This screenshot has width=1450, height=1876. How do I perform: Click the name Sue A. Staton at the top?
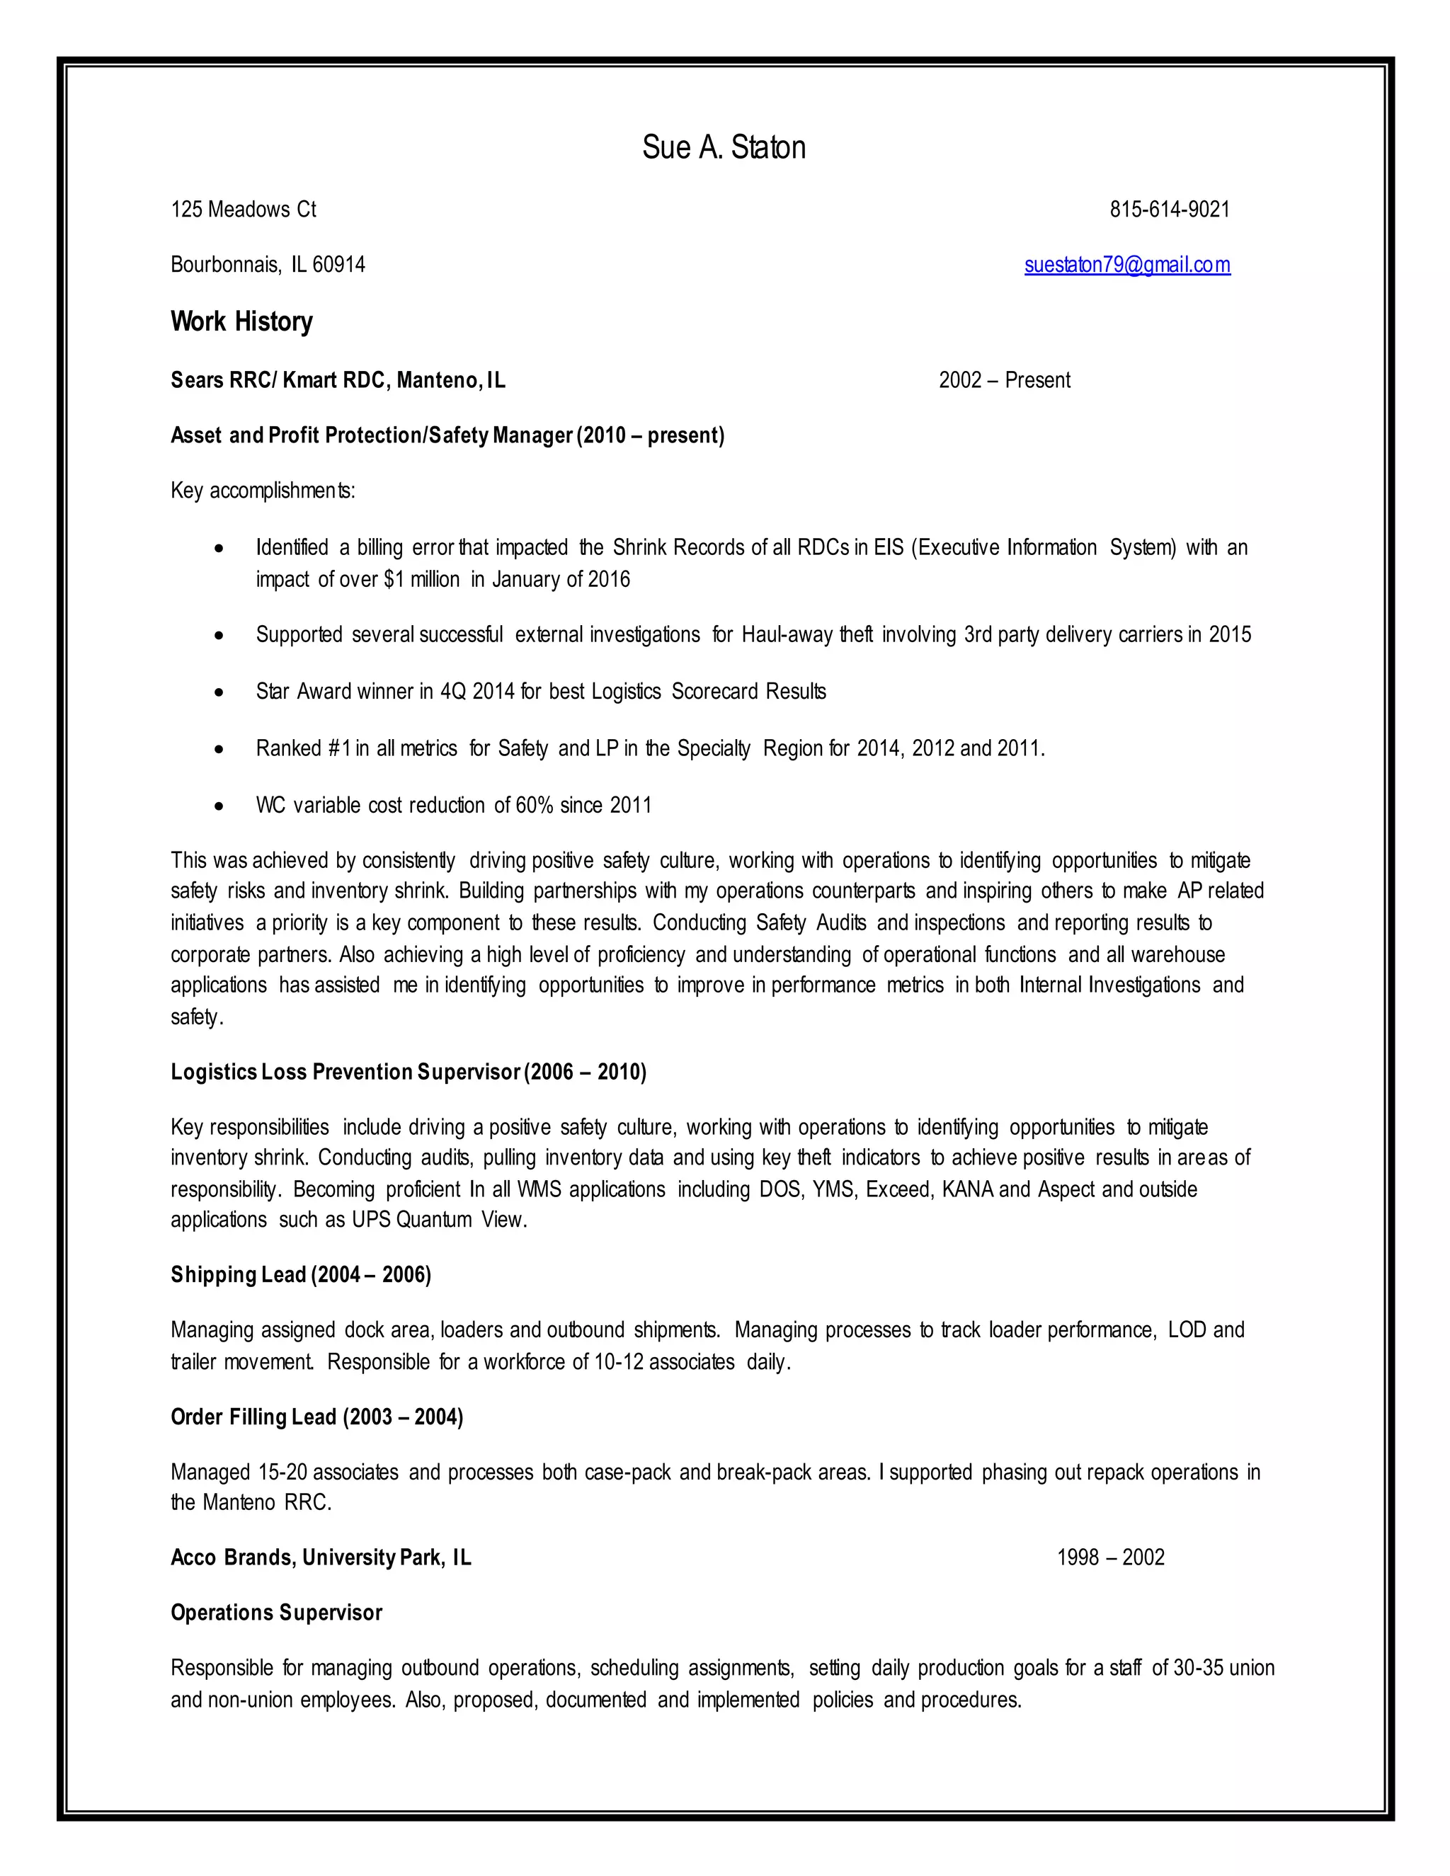(x=724, y=148)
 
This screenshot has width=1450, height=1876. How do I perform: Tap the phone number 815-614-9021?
(x=1169, y=210)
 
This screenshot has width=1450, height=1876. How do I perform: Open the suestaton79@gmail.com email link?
(x=1127, y=265)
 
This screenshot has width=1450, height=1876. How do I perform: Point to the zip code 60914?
(x=338, y=265)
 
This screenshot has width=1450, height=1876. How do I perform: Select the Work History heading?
(x=241, y=322)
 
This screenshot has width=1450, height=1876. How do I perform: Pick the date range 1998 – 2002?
(x=1110, y=1557)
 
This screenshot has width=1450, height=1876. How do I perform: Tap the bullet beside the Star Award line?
(x=220, y=692)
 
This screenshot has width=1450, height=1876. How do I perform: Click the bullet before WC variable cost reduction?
(x=220, y=806)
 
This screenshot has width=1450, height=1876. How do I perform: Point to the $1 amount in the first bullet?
(x=394, y=580)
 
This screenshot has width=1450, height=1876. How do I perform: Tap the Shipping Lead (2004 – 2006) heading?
(x=301, y=1275)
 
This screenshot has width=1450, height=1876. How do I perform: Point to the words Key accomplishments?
(x=263, y=491)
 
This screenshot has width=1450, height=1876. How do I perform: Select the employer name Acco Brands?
(x=231, y=1557)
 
